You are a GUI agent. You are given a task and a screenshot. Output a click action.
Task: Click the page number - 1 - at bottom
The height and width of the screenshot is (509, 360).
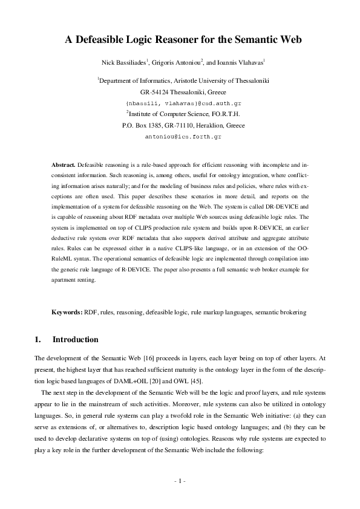point(180,481)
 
